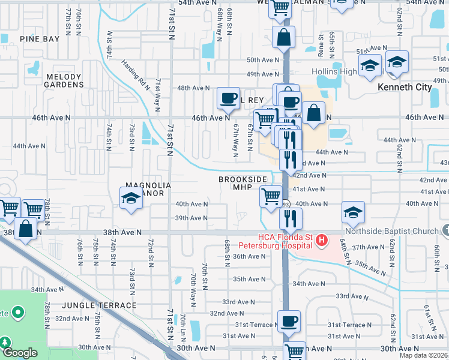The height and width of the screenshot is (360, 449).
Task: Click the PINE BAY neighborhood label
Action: point(40,39)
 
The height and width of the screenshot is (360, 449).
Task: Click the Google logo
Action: point(20,353)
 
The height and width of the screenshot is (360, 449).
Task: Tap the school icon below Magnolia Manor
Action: point(131,198)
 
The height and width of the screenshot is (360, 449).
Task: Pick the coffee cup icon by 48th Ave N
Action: point(228,98)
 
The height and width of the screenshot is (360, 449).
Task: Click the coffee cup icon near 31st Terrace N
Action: point(289,321)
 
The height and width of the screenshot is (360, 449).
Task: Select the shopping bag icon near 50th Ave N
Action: point(283,37)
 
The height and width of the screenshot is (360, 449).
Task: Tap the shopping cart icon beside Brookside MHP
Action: point(271,196)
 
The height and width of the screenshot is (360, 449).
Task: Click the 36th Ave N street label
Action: point(249,256)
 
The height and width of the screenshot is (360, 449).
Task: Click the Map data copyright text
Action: point(424,355)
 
